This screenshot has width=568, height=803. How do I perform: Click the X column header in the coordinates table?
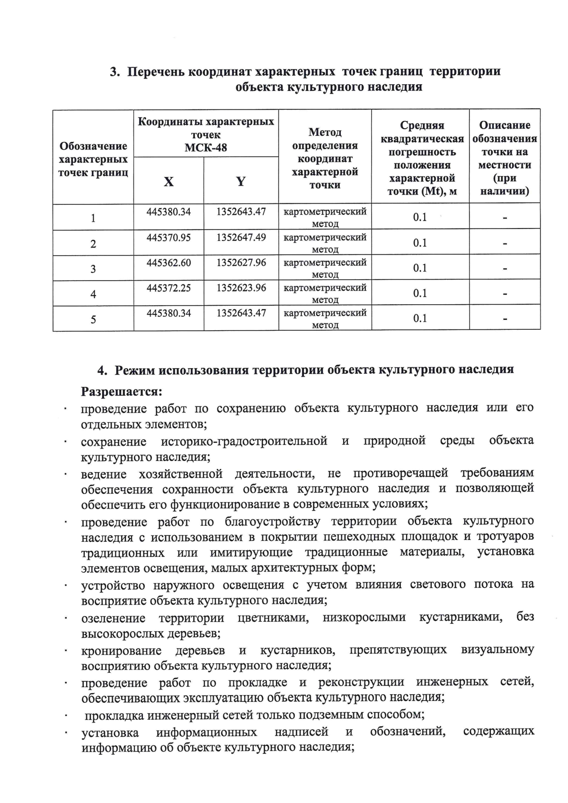coord(169,182)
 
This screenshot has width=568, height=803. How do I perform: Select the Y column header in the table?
coord(240,181)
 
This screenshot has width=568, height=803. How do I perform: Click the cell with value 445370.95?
coord(169,237)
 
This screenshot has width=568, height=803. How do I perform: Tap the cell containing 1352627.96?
coord(241,262)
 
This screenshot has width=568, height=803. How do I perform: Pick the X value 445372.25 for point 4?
coord(169,288)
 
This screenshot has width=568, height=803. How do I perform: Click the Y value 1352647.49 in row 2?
coord(241,237)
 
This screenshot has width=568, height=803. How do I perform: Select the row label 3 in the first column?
coord(93,269)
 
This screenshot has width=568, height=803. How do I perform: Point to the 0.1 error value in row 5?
coord(420,318)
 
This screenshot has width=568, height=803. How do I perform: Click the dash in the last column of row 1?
coord(505,218)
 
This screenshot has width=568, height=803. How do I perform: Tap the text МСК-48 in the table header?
coord(205,148)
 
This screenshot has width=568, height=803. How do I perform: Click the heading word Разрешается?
coord(122,392)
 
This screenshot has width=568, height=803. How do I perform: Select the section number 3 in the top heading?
coord(114,72)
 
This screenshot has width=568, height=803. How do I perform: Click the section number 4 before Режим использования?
coord(101,370)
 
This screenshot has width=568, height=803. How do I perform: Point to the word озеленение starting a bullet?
coord(113,618)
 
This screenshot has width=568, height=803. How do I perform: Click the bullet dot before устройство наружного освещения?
coord(66,587)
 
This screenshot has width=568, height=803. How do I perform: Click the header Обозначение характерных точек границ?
coord(93,159)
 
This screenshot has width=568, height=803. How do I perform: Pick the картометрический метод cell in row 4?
coord(325,293)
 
